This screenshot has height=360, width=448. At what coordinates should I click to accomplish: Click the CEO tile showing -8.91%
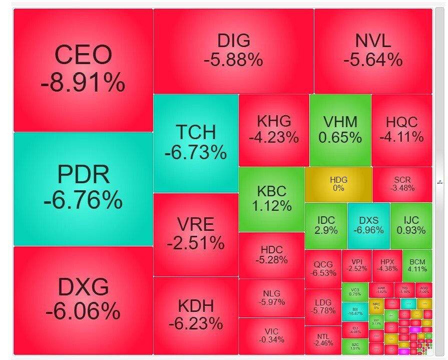tap(83, 70)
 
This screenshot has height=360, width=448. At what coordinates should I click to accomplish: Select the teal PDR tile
tap(83, 189)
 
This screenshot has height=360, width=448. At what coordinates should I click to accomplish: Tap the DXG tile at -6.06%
tap(83, 299)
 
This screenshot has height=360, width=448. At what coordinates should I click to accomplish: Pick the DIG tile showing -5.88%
tap(233, 51)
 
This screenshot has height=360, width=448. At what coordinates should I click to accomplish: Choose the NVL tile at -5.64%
tap(373, 51)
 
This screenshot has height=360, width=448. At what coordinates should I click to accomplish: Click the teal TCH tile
tap(196, 143)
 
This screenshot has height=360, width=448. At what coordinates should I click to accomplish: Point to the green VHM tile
tap(340, 130)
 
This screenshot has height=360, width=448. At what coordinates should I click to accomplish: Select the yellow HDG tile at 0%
tap(338, 184)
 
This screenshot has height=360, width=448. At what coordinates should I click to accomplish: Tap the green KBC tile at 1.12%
tap(272, 199)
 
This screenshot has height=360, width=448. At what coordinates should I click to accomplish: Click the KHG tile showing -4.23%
tap(274, 130)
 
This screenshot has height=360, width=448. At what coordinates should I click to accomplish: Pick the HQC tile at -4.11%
tap(401, 130)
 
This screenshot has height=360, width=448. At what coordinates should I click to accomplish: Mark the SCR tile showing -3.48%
tap(402, 184)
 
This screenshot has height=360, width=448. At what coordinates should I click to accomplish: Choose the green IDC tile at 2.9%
tap(326, 226)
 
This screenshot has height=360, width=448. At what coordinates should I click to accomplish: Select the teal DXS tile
tap(368, 226)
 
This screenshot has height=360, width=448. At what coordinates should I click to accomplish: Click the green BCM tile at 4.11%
tap(417, 265)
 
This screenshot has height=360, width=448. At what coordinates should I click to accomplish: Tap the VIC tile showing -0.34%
tap(272, 336)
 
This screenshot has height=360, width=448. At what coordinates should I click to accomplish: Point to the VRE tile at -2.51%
tap(196, 234)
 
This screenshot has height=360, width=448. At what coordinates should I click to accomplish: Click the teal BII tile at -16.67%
tap(355, 311)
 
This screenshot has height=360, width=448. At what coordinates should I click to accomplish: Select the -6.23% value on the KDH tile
tap(196, 324)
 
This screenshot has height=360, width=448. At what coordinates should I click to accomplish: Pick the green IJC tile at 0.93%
tap(411, 226)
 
